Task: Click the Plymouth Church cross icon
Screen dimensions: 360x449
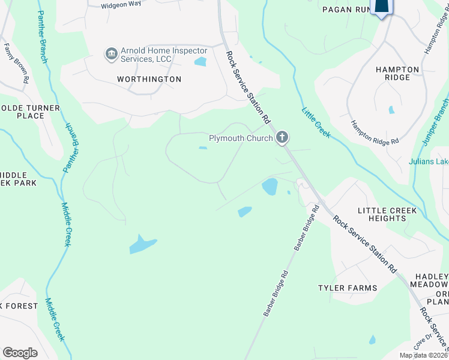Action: (282, 139)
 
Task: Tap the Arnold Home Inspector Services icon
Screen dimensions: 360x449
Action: (111, 55)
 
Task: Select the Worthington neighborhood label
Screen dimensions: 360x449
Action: (149, 79)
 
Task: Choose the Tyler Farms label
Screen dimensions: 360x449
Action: (348, 288)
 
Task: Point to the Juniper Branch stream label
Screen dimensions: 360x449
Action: (436, 121)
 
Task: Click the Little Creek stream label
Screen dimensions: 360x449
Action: (316, 122)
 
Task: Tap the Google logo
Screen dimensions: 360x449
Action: (20, 353)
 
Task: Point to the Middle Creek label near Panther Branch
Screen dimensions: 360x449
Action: (67, 224)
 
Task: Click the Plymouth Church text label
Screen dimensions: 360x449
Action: (241, 139)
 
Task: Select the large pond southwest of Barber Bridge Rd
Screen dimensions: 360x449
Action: (143, 244)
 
